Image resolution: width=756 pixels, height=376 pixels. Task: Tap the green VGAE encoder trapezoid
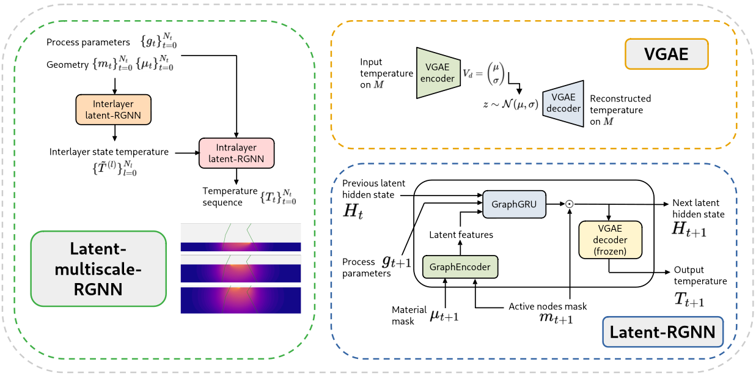pyautogui.click(x=438, y=73)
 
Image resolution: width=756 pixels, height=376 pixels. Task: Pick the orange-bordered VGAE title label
pyautogui.click(x=666, y=54)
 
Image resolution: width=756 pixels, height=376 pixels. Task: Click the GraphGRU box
pyautogui.click(x=513, y=205)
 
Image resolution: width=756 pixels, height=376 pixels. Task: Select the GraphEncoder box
pyautogui.click(x=460, y=267)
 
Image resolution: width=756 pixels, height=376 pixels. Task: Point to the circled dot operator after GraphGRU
pyautogui.click(x=569, y=204)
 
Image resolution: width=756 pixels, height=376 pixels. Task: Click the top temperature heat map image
pyautogui.click(x=241, y=238)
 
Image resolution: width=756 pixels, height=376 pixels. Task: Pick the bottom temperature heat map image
pyautogui.click(x=241, y=299)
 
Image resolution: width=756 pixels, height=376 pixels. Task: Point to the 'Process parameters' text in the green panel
pyautogui.click(x=87, y=42)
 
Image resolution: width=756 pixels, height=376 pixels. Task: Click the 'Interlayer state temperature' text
pyautogui.click(x=109, y=152)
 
